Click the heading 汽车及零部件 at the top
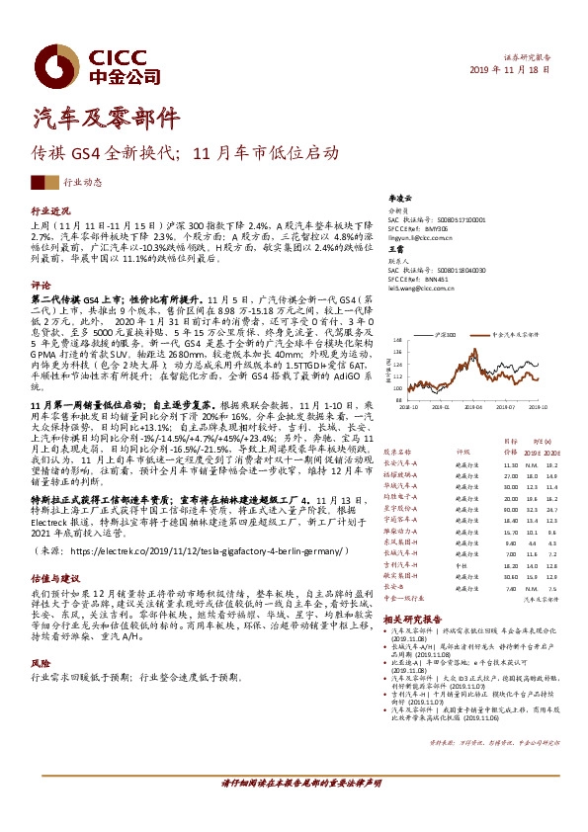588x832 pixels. pyautogui.click(x=95, y=118)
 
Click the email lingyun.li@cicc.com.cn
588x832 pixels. pyautogui.click(x=424, y=239)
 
